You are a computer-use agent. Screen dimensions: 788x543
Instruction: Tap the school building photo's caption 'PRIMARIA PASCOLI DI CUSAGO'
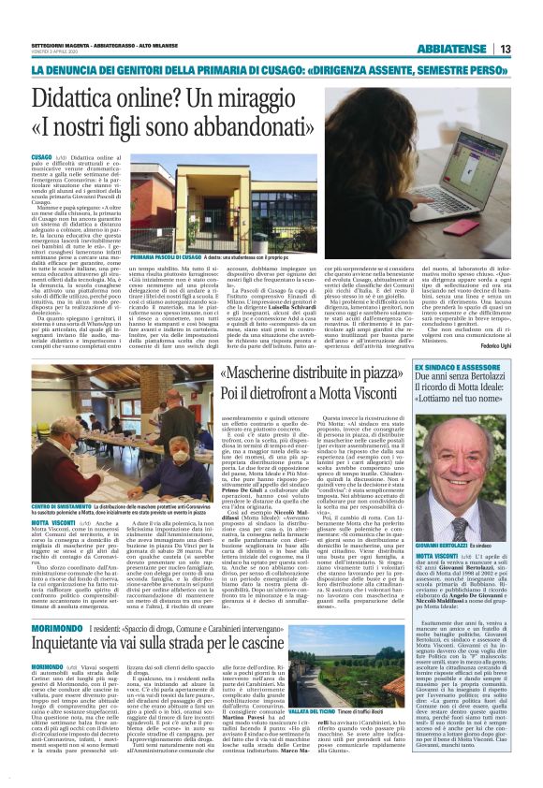pos(166,256)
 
